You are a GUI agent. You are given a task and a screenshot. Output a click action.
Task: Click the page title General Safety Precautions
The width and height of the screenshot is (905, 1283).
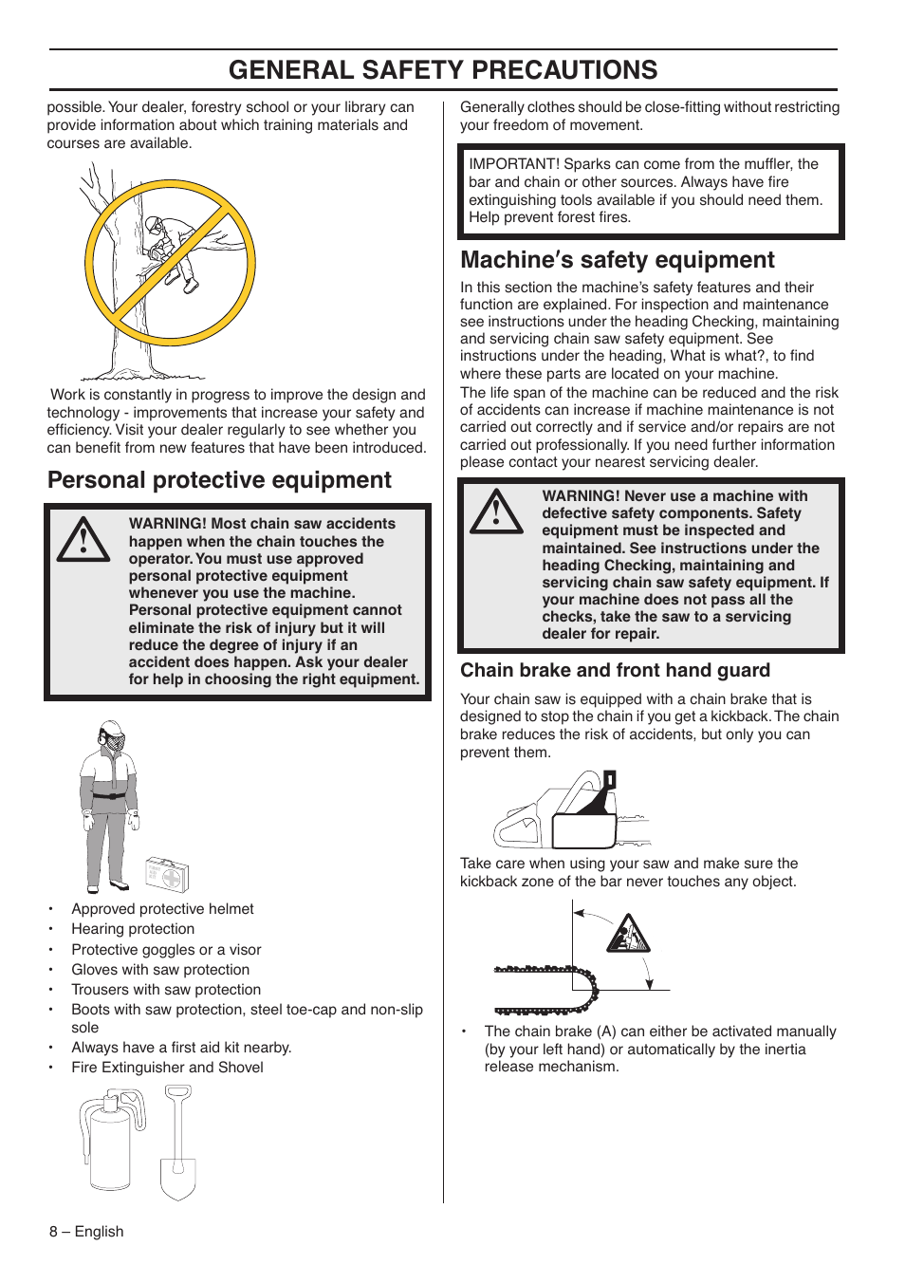tap(443, 70)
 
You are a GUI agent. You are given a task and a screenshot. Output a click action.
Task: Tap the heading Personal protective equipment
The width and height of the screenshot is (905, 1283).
tap(219, 480)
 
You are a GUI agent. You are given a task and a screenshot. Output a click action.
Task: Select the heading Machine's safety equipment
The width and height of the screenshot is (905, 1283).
tap(617, 260)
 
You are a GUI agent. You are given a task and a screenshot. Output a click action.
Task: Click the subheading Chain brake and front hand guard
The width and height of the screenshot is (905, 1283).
tap(615, 670)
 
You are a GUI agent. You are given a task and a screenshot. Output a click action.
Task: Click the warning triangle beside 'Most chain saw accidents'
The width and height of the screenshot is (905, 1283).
tap(83, 540)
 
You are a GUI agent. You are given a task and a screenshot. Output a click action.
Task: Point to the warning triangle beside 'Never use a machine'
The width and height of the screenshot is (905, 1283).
tap(496, 512)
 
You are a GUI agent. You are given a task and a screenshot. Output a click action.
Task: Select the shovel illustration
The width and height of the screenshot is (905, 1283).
tap(177, 1144)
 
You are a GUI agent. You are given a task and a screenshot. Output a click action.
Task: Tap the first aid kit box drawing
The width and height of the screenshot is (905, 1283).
tap(167, 874)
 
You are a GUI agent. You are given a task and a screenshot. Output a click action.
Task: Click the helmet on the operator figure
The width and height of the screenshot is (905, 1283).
tap(112, 729)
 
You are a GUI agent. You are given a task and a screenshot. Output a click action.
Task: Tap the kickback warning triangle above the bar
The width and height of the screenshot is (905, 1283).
tap(628, 934)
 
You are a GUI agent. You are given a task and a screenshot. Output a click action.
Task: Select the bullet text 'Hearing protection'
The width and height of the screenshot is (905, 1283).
tap(133, 929)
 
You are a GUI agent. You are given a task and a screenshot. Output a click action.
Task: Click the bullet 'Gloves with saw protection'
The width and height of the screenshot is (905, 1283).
tap(160, 969)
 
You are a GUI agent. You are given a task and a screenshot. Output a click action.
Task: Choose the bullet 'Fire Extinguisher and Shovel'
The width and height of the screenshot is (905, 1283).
tap(167, 1068)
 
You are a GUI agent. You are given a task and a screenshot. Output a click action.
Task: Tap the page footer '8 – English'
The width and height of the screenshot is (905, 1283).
tap(86, 1232)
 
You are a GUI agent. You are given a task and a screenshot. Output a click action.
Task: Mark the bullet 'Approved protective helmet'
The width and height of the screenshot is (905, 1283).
tap(162, 909)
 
